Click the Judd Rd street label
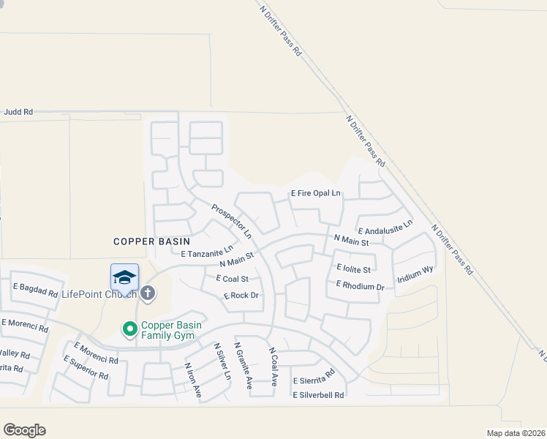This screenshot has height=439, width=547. [18, 112]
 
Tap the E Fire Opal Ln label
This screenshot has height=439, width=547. [316, 193]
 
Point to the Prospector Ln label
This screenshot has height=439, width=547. [231, 221]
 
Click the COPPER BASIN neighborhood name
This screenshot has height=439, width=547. [151, 241]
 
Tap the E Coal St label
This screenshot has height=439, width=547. [233, 279]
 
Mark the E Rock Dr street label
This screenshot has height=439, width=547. [241, 296]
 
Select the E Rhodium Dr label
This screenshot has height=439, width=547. [360, 286]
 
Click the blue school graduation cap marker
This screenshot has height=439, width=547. [124, 278]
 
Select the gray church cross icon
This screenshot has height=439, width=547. [147, 293]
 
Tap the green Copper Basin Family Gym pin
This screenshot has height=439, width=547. [130, 329]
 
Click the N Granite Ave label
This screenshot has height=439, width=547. [244, 364]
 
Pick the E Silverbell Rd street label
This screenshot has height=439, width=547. [318, 395]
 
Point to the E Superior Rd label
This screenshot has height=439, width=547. [86, 367]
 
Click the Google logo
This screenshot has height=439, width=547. [24, 429]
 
